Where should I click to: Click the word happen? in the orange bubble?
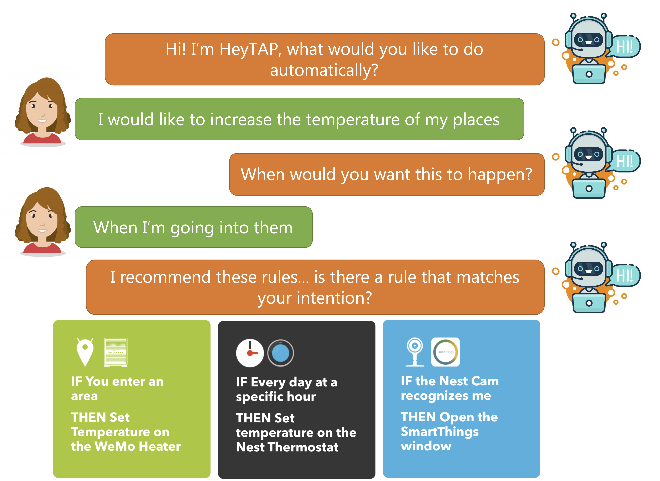500,175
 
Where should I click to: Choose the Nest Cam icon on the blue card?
415,352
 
